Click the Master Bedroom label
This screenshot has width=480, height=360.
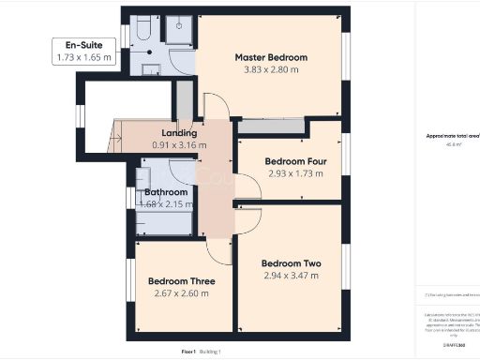[271, 57]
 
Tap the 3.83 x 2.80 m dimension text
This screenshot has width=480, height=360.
[271, 69]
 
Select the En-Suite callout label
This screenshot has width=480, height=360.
[82, 45]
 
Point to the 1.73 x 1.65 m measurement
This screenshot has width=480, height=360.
[82, 57]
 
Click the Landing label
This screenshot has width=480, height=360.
[179, 133]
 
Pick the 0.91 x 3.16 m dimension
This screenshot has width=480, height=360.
[179, 145]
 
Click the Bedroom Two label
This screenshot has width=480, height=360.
[292, 263]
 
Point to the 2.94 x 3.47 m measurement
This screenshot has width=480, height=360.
[292, 276]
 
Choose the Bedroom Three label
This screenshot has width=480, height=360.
[182, 281]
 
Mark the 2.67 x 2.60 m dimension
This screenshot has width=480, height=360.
[182, 293]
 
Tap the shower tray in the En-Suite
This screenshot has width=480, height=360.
[178, 29]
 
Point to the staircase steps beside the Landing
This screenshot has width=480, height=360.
[118, 136]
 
